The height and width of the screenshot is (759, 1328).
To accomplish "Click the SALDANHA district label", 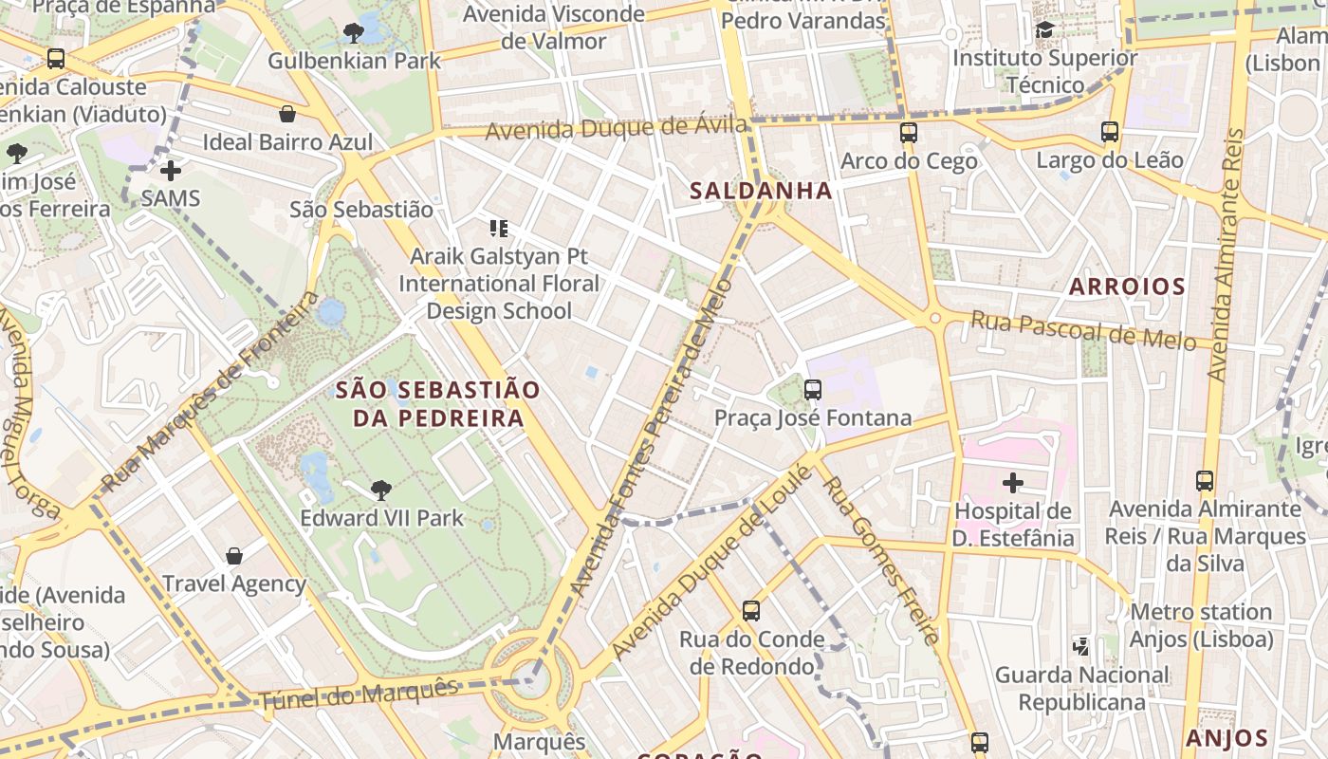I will coord(761,191).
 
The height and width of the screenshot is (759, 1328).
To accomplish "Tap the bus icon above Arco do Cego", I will coord(908,133).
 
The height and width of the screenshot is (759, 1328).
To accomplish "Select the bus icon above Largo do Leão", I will coord(1110,132).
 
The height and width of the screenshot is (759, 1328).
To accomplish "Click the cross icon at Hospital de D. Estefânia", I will coord(1013,483).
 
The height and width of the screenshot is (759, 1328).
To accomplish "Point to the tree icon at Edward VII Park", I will coord(380,491).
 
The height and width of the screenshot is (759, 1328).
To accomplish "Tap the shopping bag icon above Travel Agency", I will coord(234,556).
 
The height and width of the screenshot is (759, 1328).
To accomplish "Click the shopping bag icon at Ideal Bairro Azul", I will coord(287,115).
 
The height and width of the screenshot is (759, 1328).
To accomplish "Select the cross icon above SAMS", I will coord(171,171).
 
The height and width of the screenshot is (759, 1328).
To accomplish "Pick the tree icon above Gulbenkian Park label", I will coord(354,34).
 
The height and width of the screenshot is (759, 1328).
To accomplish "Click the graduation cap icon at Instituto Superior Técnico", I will coord(1044,30).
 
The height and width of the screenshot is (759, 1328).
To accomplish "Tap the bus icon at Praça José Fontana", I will coord(812,390).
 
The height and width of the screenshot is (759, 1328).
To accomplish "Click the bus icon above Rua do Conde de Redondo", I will coord(751,611).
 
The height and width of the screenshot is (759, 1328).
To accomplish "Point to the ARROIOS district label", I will coord(1127,287).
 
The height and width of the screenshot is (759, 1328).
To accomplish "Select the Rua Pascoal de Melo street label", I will coord(1082,331).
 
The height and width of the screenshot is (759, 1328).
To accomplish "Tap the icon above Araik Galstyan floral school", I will coord(498,229).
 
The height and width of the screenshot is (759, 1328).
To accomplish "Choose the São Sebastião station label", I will coord(361,210).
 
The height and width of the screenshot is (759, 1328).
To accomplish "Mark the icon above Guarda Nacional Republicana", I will coord(1081,647).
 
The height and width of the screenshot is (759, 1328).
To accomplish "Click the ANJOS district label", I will coord(1227,738).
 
